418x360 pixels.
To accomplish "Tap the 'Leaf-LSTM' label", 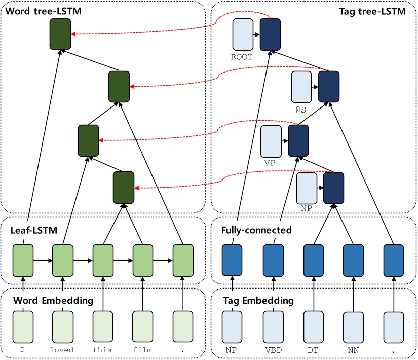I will pos(33,230).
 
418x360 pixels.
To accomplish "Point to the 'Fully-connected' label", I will pos(256,230).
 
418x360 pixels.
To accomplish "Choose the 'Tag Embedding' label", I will pos(258,301).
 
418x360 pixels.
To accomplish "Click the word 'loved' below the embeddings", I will pos(62,350).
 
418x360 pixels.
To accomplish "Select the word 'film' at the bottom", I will pos(142,350).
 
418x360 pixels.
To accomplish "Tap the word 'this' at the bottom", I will pos(102,350).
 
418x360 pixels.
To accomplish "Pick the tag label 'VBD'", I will pos(273,350).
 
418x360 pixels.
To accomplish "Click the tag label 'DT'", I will pos(313,350).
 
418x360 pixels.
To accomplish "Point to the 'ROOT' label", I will pos(242,57).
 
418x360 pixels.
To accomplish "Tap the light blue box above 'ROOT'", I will pos(242,34).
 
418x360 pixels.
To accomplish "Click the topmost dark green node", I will pos(60,34).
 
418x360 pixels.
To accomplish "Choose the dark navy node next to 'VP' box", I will pos(298,141).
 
